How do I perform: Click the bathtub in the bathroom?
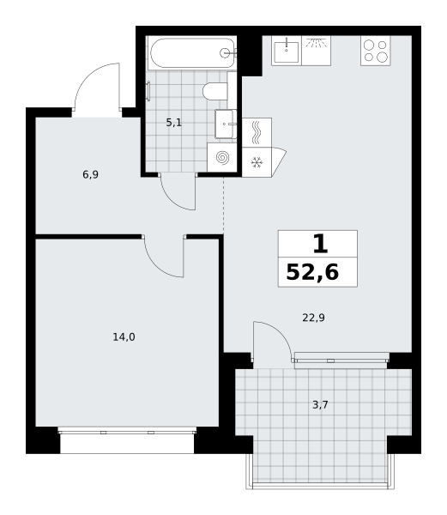[x=192, y=53]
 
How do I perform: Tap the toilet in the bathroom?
[x=215, y=91]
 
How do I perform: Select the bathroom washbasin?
[x=226, y=124]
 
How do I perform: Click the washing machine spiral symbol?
[x=222, y=158]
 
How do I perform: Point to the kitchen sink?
[x=287, y=51]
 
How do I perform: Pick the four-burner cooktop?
[x=376, y=51]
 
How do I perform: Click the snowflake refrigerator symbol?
[x=257, y=162]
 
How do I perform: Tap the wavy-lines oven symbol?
[x=257, y=132]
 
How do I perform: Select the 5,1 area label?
[x=173, y=123]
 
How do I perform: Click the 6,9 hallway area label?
[x=91, y=174]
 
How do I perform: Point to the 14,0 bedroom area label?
[x=124, y=337]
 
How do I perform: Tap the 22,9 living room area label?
[x=313, y=318]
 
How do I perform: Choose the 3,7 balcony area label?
[x=320, y=405]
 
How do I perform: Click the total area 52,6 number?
[x=312, y=272]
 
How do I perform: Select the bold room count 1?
[x=320, y=244]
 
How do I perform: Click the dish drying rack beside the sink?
[x=316, y=51]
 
